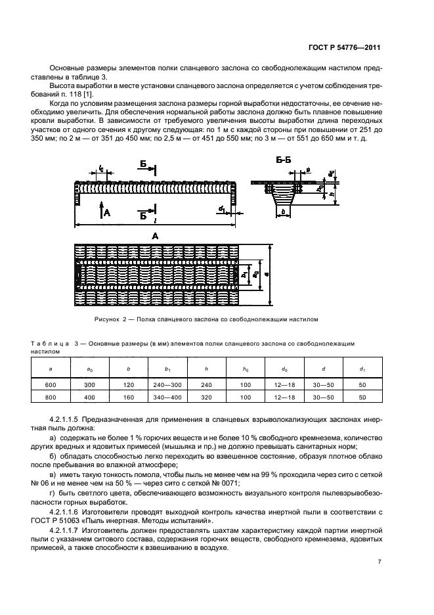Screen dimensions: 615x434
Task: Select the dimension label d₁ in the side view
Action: click(x=222, y=210)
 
